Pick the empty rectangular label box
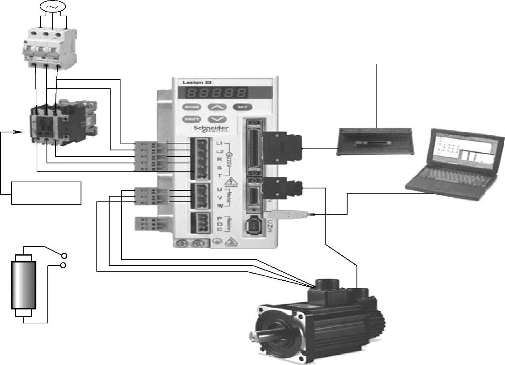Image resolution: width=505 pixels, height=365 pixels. coord(47,193)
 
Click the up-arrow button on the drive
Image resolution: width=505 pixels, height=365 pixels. coord(217,107)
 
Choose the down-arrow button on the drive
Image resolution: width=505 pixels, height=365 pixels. coord(217,119)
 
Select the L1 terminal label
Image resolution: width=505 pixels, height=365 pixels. coord(219,143)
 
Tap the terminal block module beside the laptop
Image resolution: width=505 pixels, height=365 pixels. coord(375,141)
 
